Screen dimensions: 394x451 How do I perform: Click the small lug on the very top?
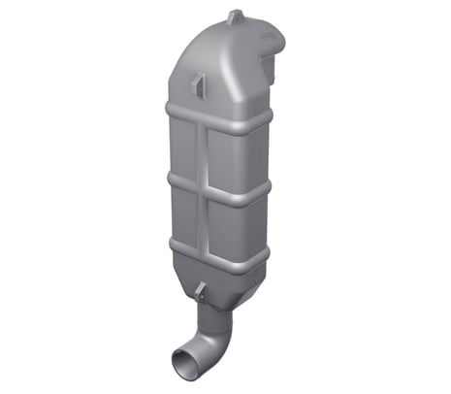[x=235, y=16]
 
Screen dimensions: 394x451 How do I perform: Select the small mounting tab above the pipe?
[x=199, y=290]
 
